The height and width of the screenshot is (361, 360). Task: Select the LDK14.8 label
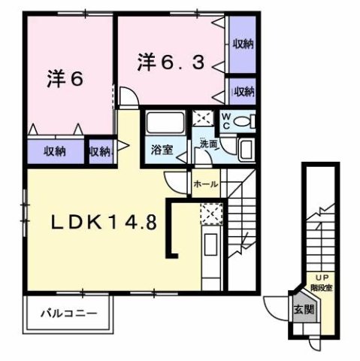pos(104,223)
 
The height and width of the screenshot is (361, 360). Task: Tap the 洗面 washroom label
pos(208,143)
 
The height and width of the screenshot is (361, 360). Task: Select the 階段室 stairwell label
pos(322,287)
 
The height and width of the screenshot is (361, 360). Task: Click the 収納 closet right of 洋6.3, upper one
pos(241,44)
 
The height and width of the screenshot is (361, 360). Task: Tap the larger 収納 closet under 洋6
pos(54,151)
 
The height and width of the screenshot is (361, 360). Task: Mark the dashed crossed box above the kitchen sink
pos(210,215)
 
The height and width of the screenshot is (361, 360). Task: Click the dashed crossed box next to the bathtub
pos(203,119)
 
